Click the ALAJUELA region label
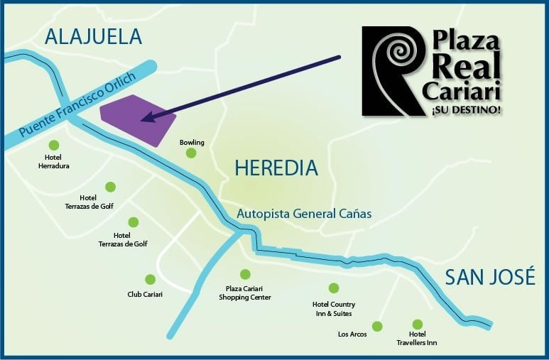click(93, 36)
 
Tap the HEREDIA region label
click(276, 168)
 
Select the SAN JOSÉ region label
click(490, 277)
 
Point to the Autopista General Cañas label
click(303, 213)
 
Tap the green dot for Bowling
click(191, 153)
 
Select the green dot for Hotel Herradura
click(53, 145)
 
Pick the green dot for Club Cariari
click(150, 280)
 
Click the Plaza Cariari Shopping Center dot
click(245, 274)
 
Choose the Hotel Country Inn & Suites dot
click(333, 288)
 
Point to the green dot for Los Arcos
click(377, 327)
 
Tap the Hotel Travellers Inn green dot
click(417, 324)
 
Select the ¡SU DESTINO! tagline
click(465, 110)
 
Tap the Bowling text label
click(192, 143)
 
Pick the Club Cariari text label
click(145, 294)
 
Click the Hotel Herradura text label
click(53, 161)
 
